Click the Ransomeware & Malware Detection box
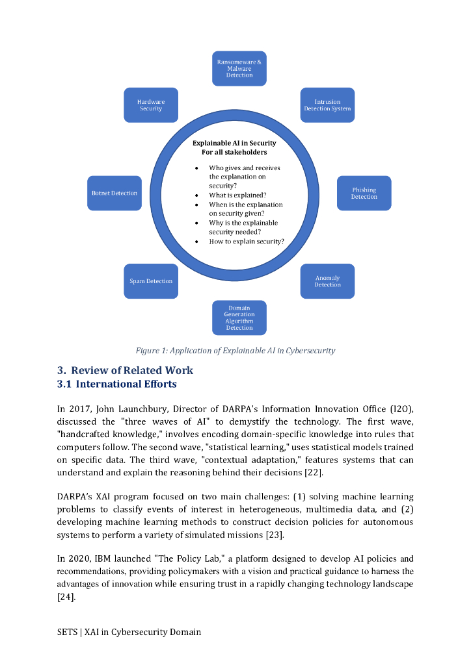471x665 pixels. [x=239, y=68]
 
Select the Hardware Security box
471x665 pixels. [x=151, y=105]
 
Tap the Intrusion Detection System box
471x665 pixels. [x=327, y=105]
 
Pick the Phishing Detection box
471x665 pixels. [x=364, y=193]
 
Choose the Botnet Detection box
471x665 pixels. [x=114, y=193]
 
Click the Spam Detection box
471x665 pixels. [x=151, y=281]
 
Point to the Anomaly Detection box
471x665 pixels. [x=327, y=281]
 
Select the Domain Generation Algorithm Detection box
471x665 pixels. [x=239, y=318]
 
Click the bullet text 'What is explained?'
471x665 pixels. [x=237, y=195]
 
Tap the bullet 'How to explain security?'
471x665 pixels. [x=246, y=241]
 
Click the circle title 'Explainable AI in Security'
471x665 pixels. [x=234, y=143]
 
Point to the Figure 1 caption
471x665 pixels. [x=235, y=351]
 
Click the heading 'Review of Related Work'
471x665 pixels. [x=132, y=370]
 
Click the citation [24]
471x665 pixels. [x=66, y=596]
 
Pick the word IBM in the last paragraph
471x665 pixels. [x=104, y=558]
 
